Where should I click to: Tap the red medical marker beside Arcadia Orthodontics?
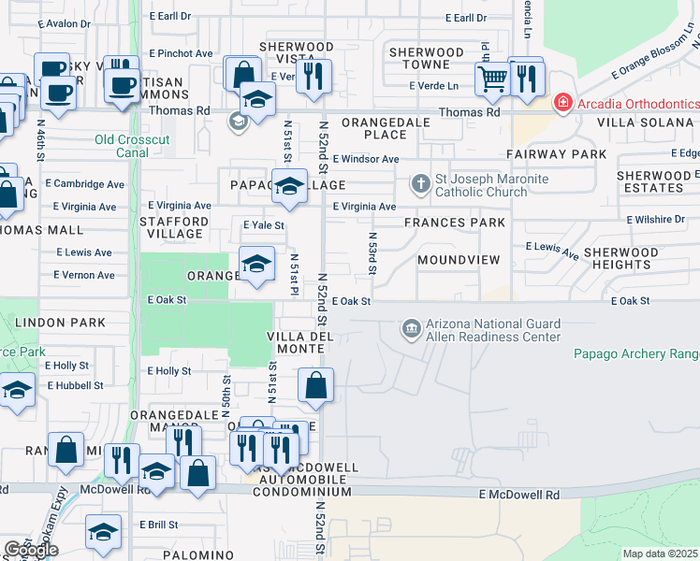[x=562, y=102]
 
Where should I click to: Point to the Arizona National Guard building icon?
[x=411, y=328]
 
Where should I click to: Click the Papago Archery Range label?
[x=636, y=353]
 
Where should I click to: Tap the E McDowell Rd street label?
[x=518, y=495]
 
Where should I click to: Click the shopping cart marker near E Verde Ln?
[x=493, y=79]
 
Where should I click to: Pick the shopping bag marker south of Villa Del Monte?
[x=316, y=384]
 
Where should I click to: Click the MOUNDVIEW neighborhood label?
[x=459, y=259]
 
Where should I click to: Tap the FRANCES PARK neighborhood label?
[x=454, y=223]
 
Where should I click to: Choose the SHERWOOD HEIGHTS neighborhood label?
[x=621, y=259]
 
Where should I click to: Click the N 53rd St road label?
[x=372, y=254]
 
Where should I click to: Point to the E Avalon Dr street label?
[x=79, y=24]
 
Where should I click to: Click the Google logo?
[x=31, y=550]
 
